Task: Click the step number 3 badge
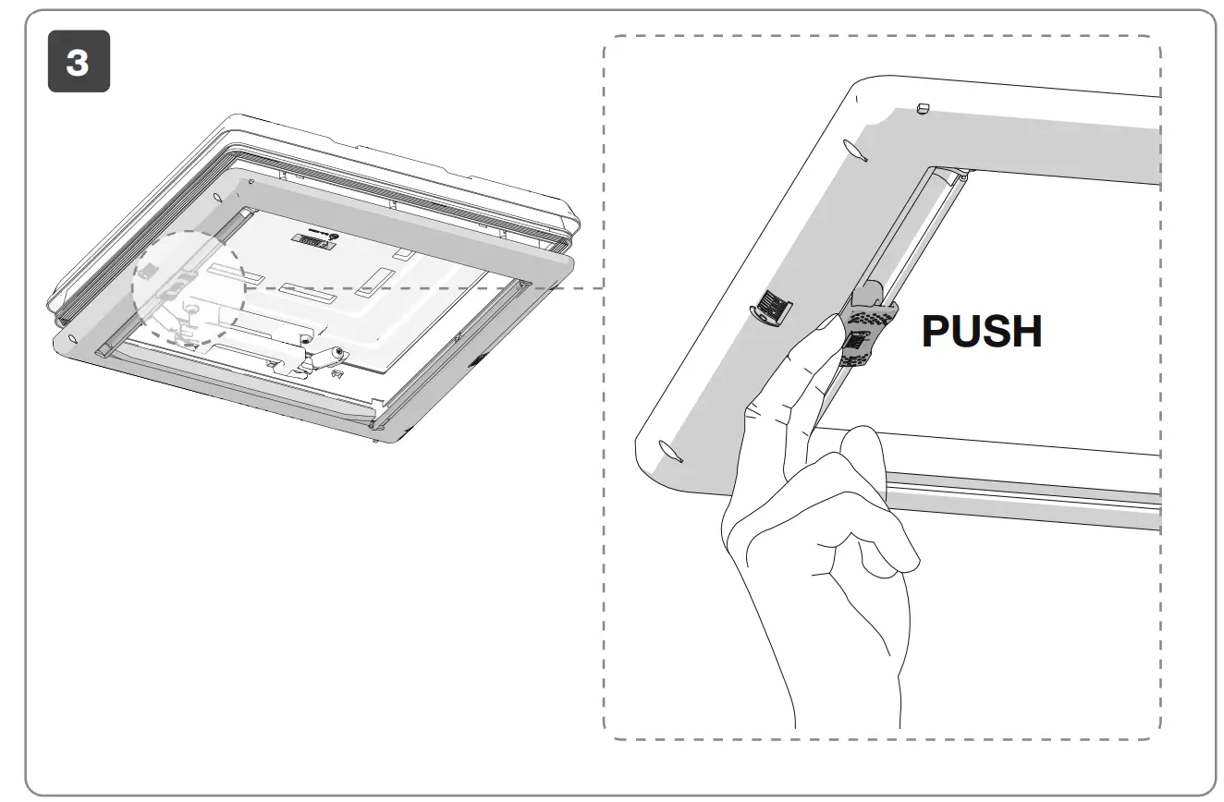click(79, 62)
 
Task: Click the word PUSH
click(982, 332)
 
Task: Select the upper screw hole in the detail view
click(855, 149)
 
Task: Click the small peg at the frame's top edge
click(922, 109)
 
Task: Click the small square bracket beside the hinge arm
click(337, 374)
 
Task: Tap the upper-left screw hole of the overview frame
click(217, 197)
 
